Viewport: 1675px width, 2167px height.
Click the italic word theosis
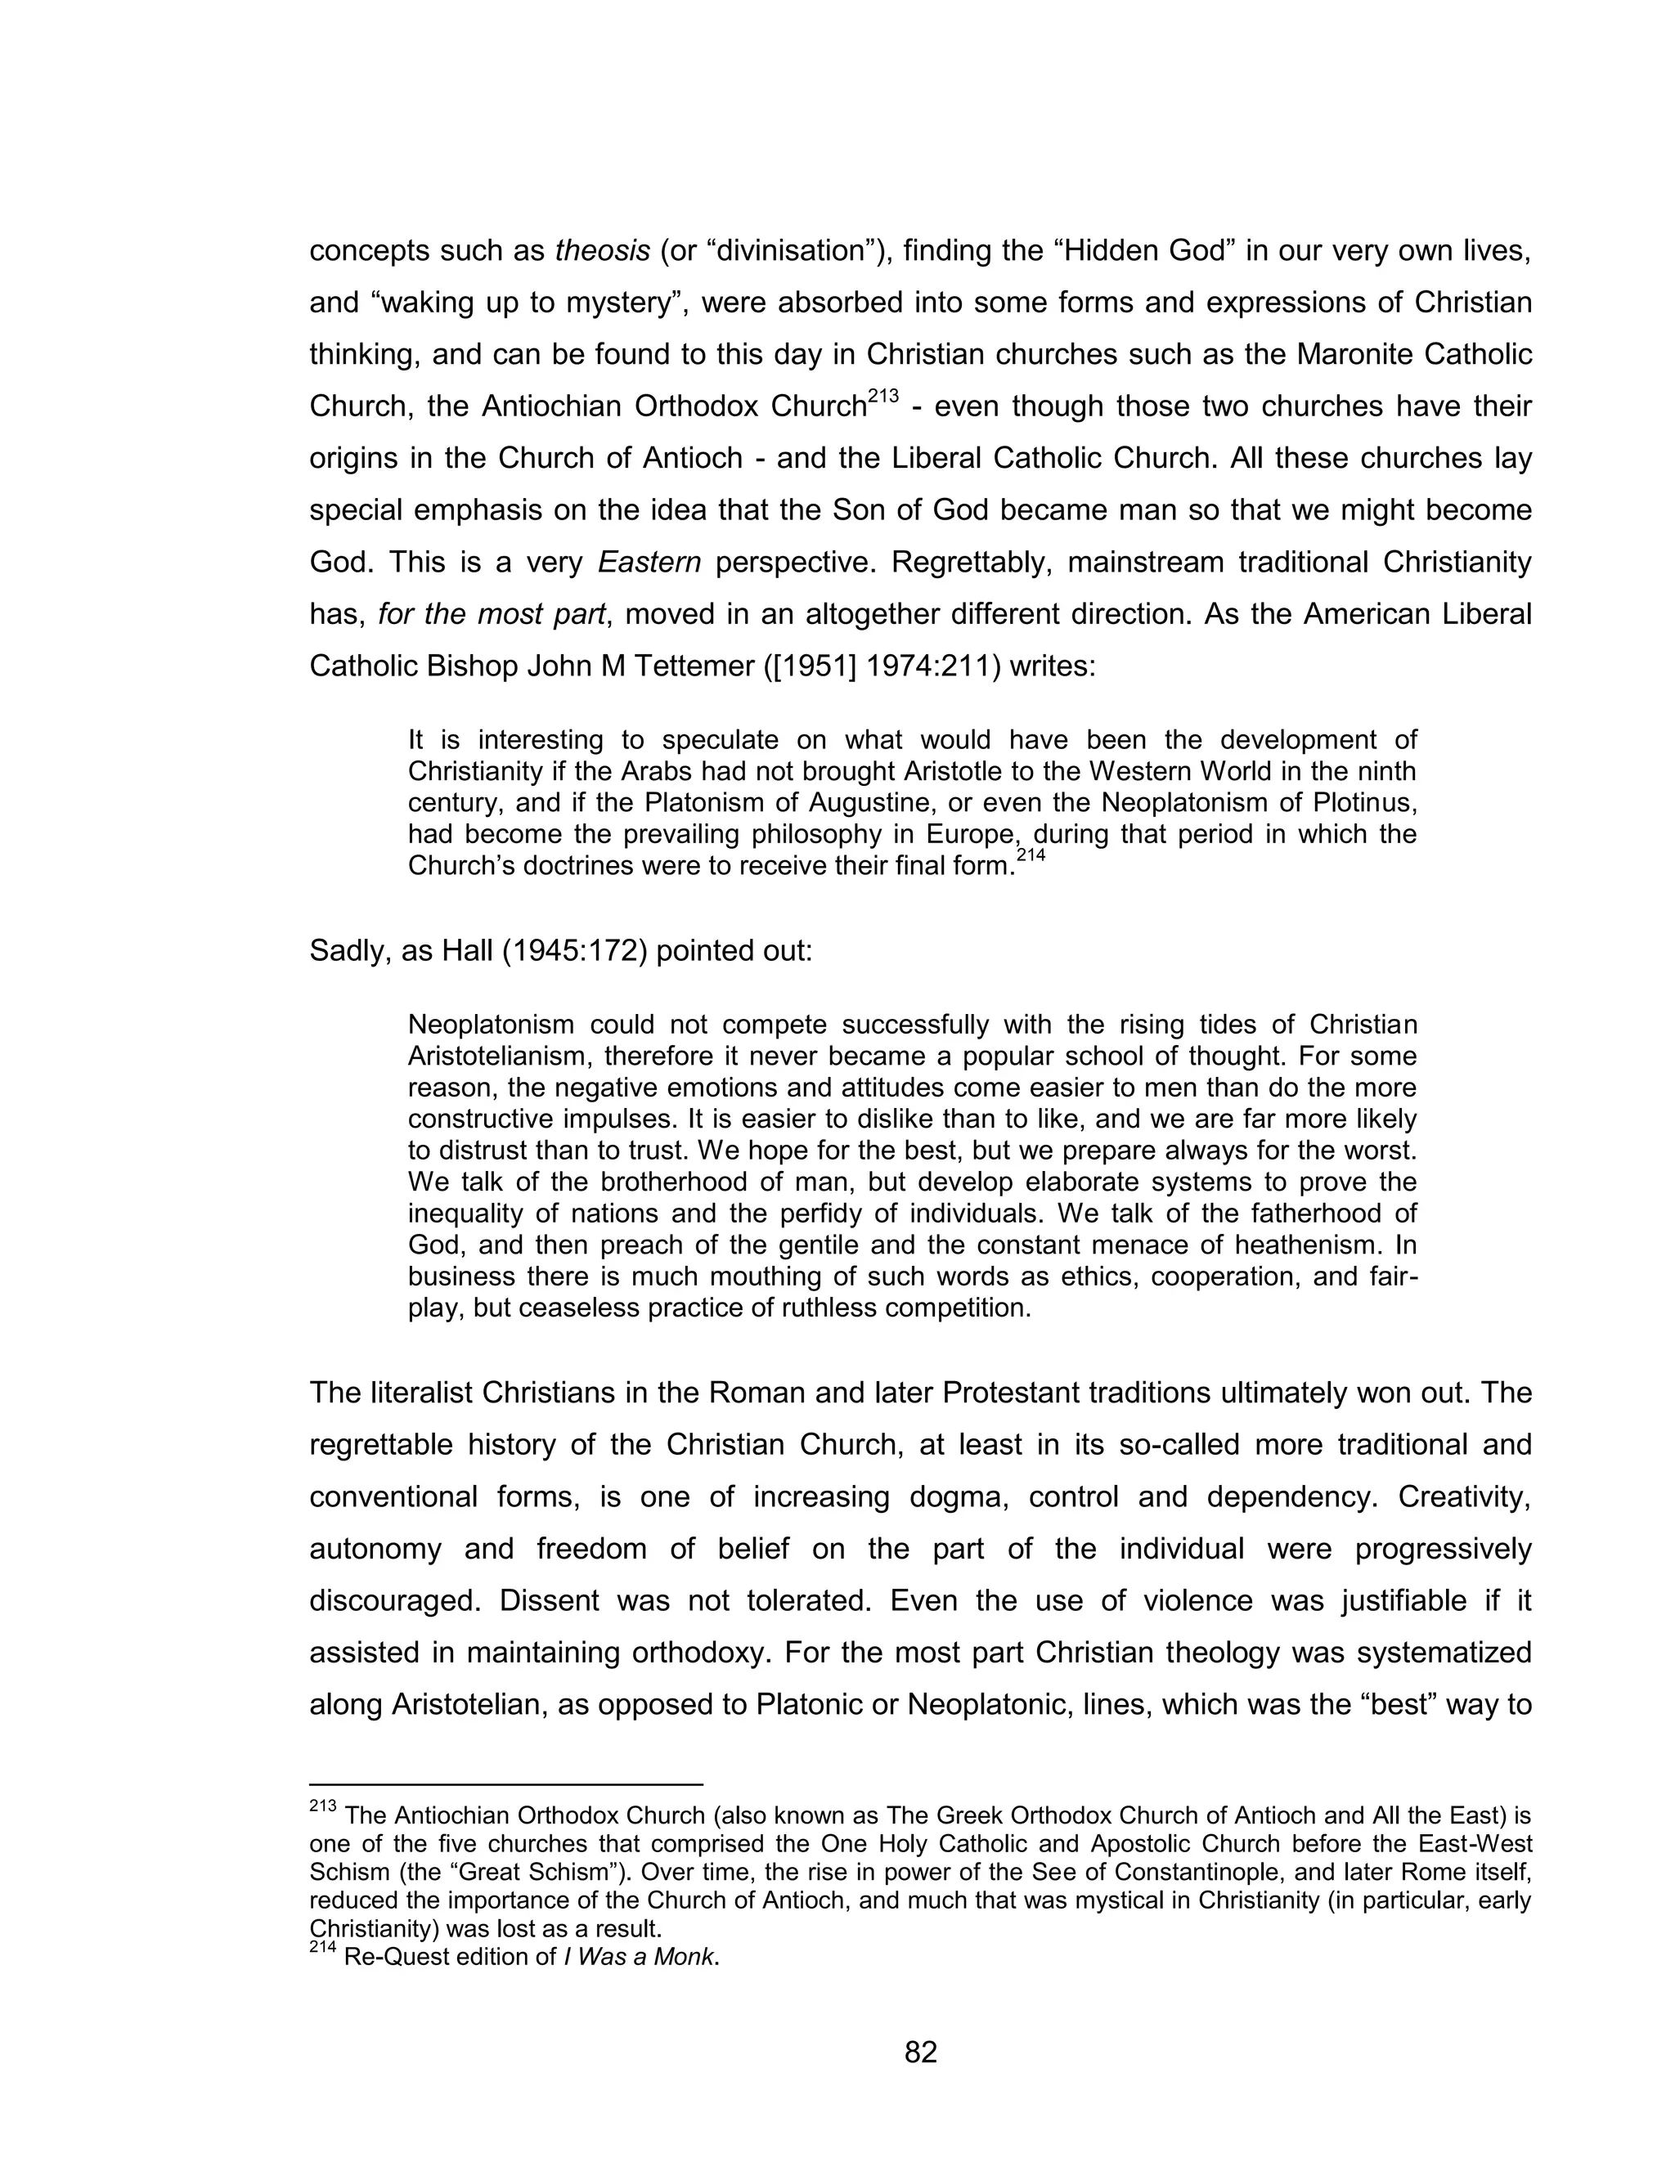click(602, 251)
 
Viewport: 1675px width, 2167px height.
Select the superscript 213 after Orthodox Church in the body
click(882, 397)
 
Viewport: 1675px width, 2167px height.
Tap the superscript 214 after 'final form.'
click(1031, 855)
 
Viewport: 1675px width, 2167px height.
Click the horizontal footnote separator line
click(506, 1784)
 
